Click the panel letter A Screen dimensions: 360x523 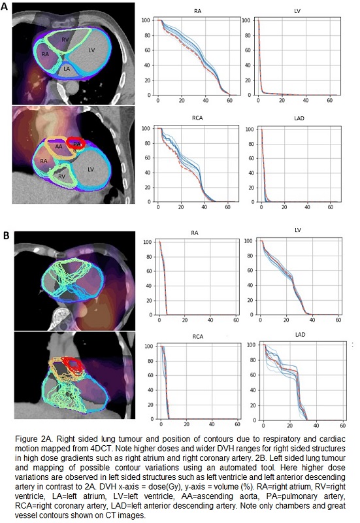coord(5,6)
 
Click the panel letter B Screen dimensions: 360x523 coord(7,236)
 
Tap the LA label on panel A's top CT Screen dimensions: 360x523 coord(67,69)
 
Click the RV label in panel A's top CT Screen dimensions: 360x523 coord(65,40)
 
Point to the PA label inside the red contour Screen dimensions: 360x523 coord(76,144)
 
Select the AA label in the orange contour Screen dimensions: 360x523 coord(59,146)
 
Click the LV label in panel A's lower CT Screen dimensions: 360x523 coord(91,169)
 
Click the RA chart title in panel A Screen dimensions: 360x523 coord(198,11)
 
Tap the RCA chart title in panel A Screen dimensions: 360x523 coord(197,118)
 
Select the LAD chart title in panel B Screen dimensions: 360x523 coord(300,335)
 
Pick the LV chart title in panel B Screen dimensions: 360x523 coord(298,230)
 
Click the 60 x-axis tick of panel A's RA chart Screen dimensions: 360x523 coord(229,101)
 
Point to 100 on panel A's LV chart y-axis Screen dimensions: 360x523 coord(246,20)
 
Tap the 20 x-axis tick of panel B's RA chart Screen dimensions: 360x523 coord(185,320)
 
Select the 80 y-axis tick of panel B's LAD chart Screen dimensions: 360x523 coord(253,360)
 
